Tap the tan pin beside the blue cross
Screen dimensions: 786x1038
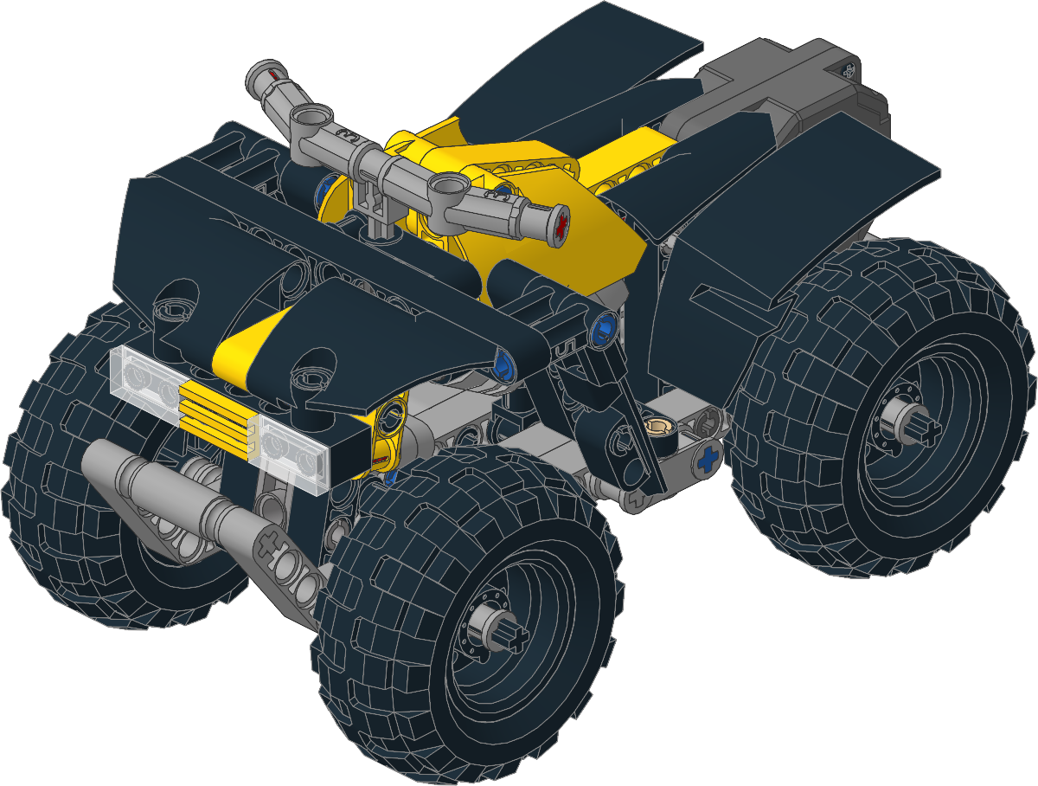pos(661,427)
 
